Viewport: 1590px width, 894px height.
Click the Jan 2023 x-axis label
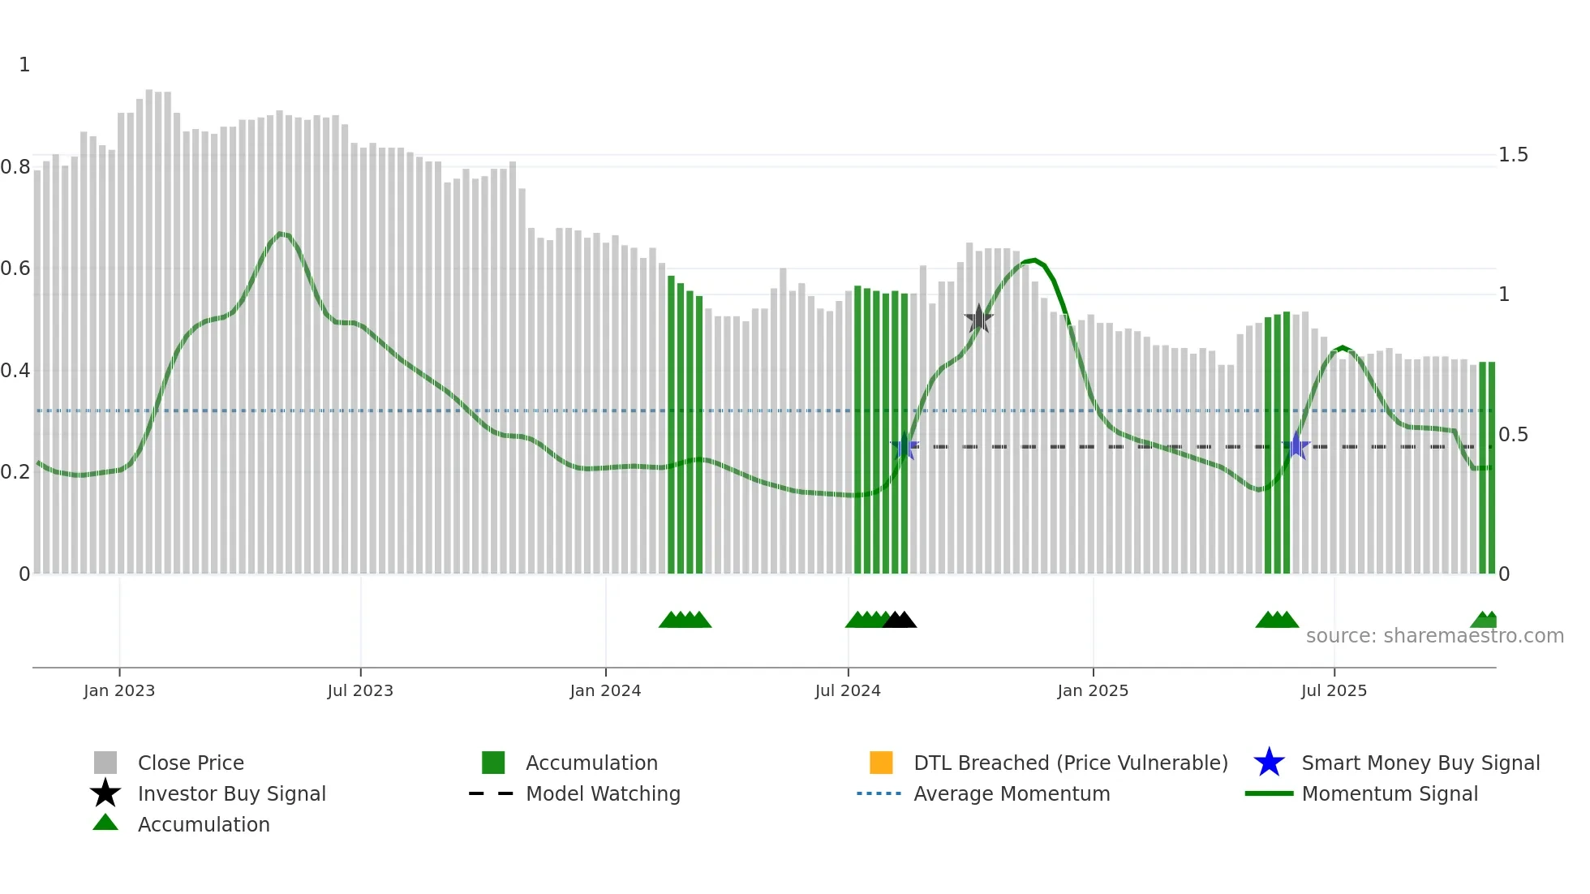[x=119, y=690]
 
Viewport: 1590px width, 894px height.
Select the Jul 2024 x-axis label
[x=848, y=690]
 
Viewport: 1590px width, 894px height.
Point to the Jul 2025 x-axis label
[x=1334, y=690]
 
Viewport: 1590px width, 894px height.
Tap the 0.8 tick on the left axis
[x=16, y=167]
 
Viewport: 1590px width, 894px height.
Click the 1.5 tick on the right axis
[x=1513, y=155]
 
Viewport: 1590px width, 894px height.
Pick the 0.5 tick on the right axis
[x=1513, y=435]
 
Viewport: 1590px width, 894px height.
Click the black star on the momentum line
[x=979, y=319]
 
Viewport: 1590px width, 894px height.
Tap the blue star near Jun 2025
[x=1296, y=446]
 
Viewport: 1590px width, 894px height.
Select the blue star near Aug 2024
[x=905, y=447]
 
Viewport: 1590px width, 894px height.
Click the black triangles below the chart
[x=900, y=621]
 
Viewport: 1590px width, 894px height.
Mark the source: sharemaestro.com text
[x=1434, y=636]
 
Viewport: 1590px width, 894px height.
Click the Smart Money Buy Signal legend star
[x=1269, y=763]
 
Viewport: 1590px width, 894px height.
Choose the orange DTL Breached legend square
[x=881, y=763]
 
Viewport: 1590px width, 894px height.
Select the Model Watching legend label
[x=603, y=793]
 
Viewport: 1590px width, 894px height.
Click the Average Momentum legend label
[x=1012, y=793]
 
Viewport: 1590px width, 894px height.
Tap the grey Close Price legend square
[x=105, y=763]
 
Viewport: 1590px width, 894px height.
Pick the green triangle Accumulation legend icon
[x=105, y=823]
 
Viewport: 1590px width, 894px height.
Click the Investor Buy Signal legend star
[x=105, y=793]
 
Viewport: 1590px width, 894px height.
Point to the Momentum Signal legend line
[x=1269, y=793]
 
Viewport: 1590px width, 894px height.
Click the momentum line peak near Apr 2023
[x=280, y=234]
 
